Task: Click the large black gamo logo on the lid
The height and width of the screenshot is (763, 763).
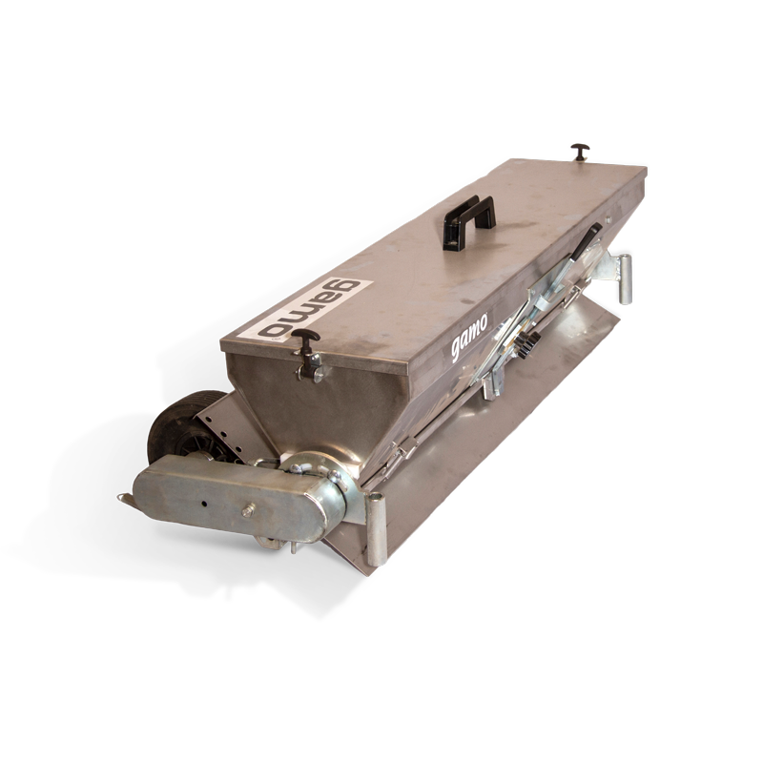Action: [x=309, y=309]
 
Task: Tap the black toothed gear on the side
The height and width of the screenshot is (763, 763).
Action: [x=528, y=344]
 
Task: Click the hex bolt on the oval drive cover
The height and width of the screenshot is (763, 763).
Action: [x=249, y=510]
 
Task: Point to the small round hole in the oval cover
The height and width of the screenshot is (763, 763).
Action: [x=205, y=503]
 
